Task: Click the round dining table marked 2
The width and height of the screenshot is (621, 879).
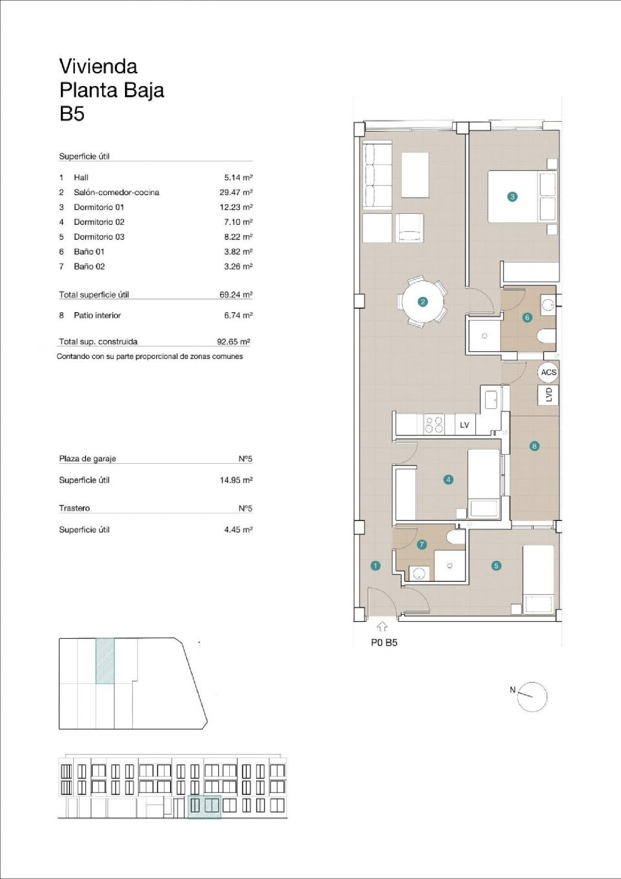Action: click(423, 302)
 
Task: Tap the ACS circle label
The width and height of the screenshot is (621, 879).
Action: click(549, 372)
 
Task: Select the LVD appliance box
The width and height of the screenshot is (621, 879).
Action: click(549, 395)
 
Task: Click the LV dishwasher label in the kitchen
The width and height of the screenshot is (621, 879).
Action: click(465, 425)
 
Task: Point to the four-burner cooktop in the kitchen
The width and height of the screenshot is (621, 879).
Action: click(433, 425)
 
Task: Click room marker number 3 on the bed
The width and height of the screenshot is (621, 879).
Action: click(512, 197)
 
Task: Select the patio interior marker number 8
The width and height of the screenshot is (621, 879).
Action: click(534, 446)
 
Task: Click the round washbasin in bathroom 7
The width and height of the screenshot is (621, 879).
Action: click(420, 574)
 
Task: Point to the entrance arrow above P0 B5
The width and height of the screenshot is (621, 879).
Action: click(382, 626)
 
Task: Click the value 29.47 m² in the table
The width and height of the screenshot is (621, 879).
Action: click(236, 192)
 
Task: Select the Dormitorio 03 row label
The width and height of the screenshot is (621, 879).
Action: click(99, 237)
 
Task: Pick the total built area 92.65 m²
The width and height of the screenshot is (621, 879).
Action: click(233, 342)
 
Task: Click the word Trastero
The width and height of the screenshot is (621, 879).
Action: click(75, 508)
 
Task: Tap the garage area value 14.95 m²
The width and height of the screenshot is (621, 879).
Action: click(236, 480)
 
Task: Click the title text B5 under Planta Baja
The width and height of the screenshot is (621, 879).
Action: click(72, 113)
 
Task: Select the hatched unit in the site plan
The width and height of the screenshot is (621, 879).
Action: click(105, 661)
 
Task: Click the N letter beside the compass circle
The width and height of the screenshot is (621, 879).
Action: click(513, 690)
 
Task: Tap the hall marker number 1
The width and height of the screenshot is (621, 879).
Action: click(375, 566)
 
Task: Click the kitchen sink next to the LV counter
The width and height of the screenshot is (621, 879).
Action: click(491, 399)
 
